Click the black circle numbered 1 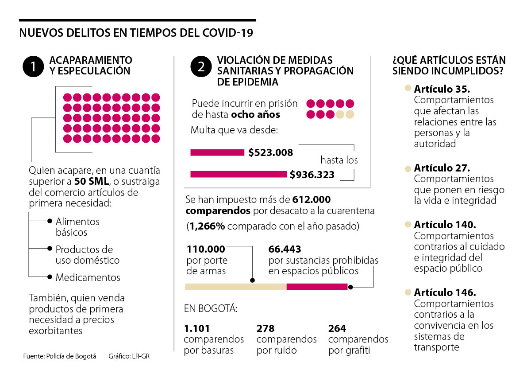pyautogui.click(x=33, y=67)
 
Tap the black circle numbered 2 pyautogui.click(x=201, y=67)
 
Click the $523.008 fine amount pyautogui.click(x=270, y=153)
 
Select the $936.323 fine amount pyautogui.click(x=312, y=175)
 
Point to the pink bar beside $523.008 pyautogui.click(x=217, y=153)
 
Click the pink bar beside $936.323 pyautogui.click(x=238, y=174)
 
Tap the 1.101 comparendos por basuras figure pyautogui.click(x=196, y=329)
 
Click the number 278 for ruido pyautogui.click(x=265, y=329)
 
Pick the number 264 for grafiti pyautogui.click(x=337, y=329)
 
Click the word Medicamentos pyautogui.click(x=88, y=278)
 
